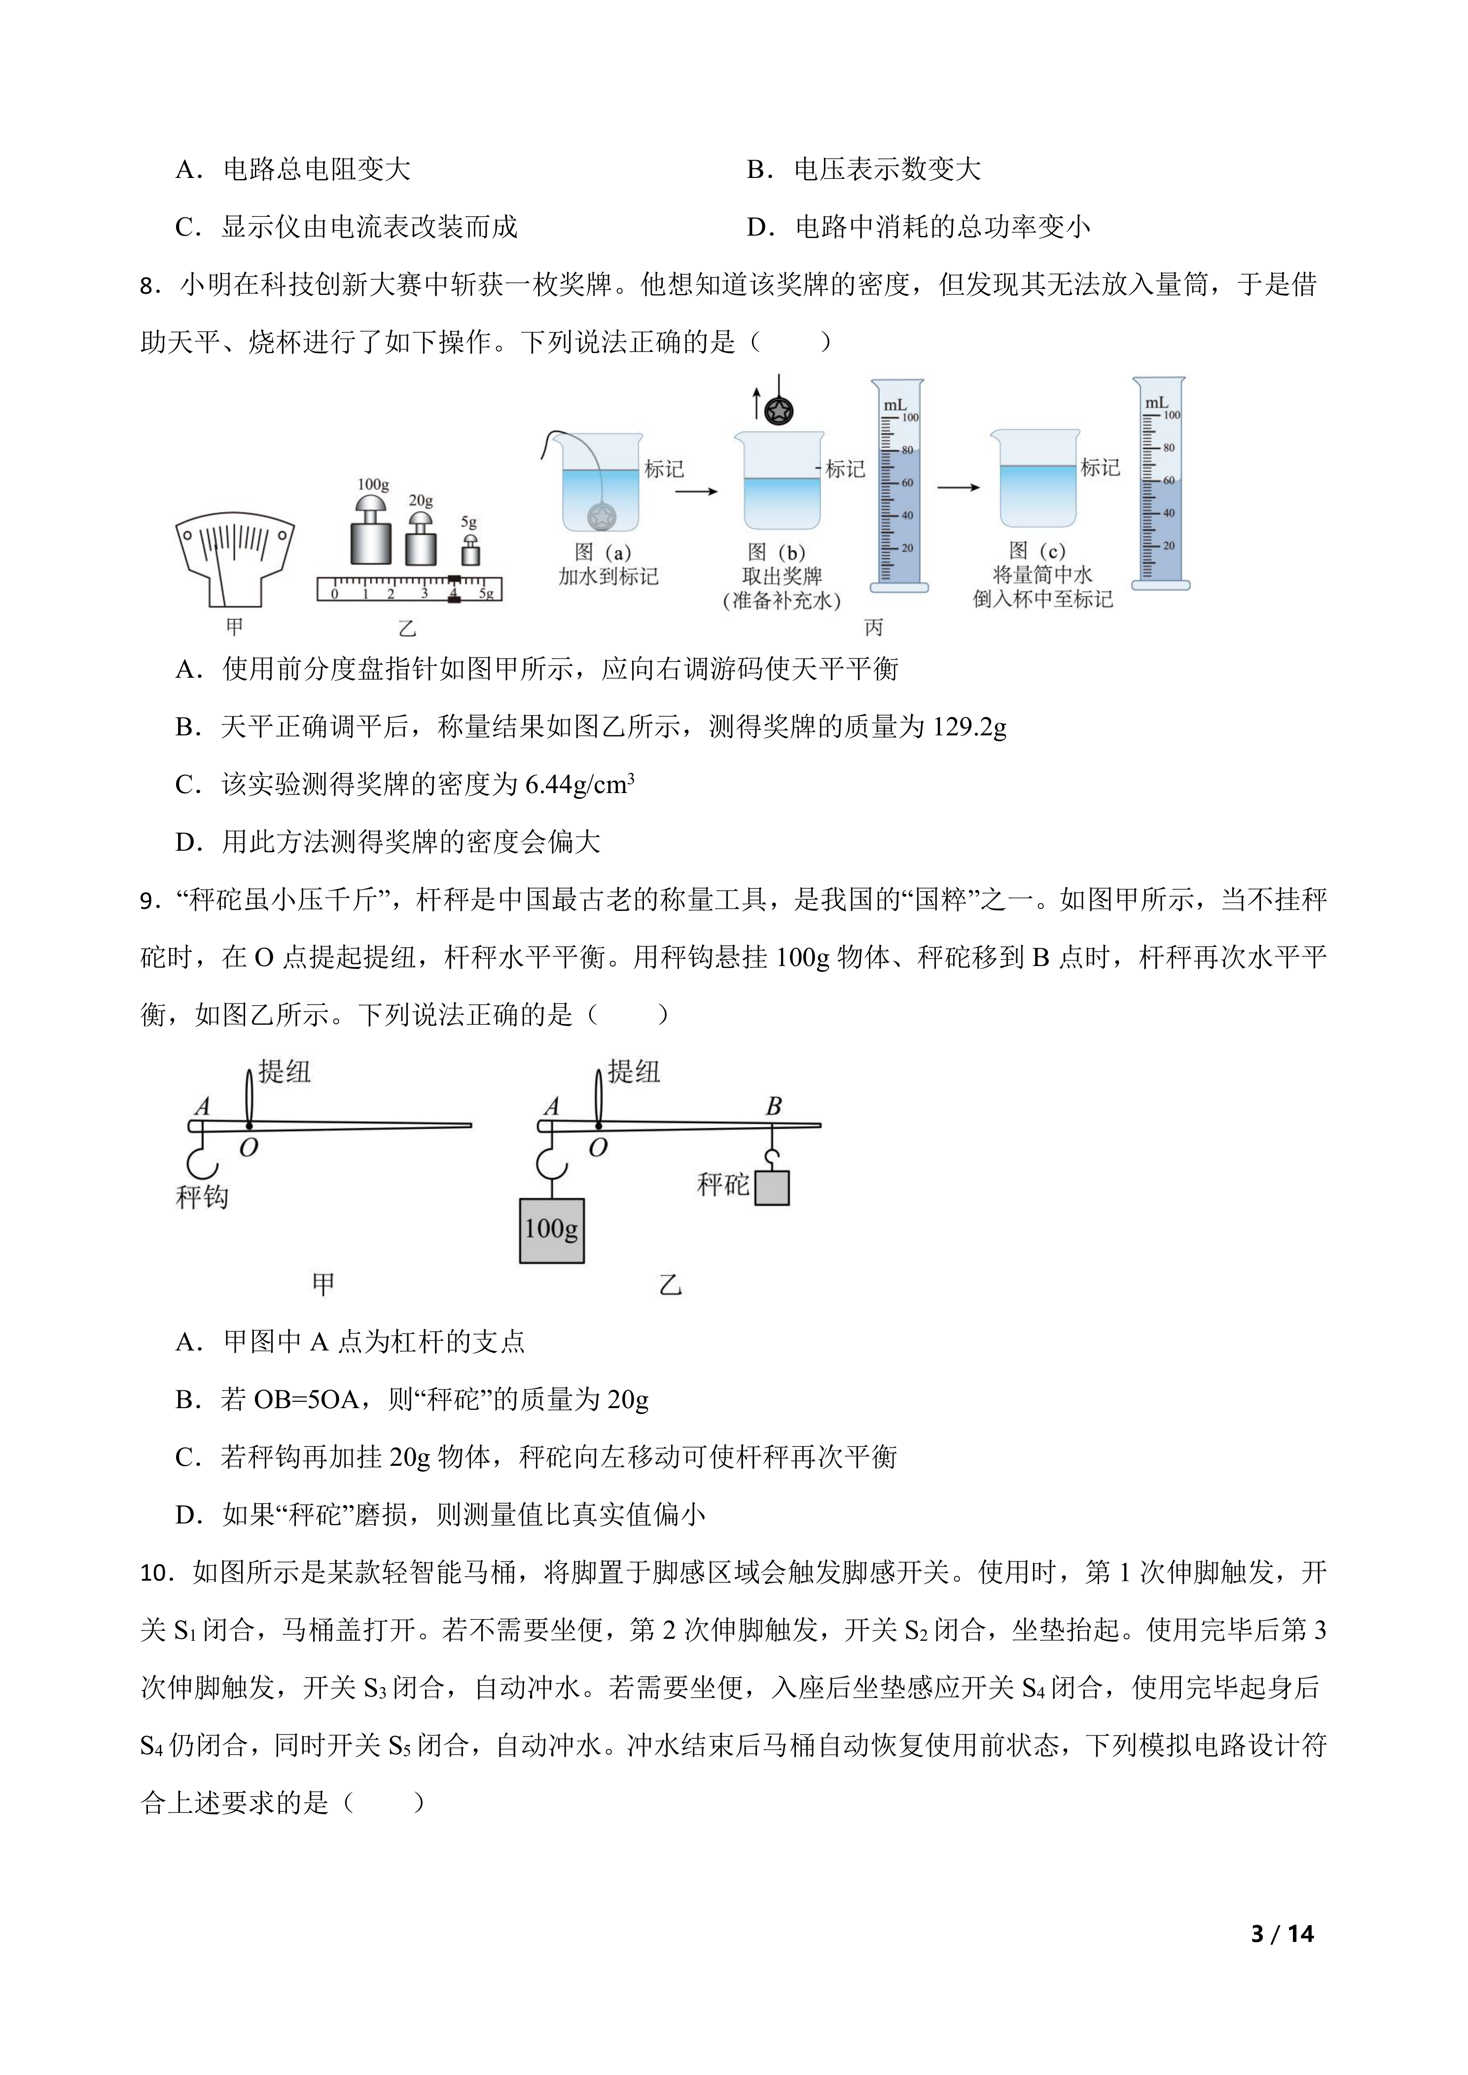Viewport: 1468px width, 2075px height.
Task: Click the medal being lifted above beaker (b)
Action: tap(778, 411)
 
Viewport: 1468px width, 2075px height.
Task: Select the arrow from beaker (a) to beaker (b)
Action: tap(696, 491)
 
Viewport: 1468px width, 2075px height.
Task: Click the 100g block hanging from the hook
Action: tap(551, 1230)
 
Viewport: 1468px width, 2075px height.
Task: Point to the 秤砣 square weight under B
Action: tap(772, 1187)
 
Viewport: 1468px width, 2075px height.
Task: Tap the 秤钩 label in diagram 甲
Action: tap(203, 1198)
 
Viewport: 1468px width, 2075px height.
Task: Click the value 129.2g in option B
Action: tap(969, 726)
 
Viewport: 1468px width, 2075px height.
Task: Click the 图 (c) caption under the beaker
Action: tap(1037, 551)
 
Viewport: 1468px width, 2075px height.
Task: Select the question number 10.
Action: tap(157, 1573)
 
